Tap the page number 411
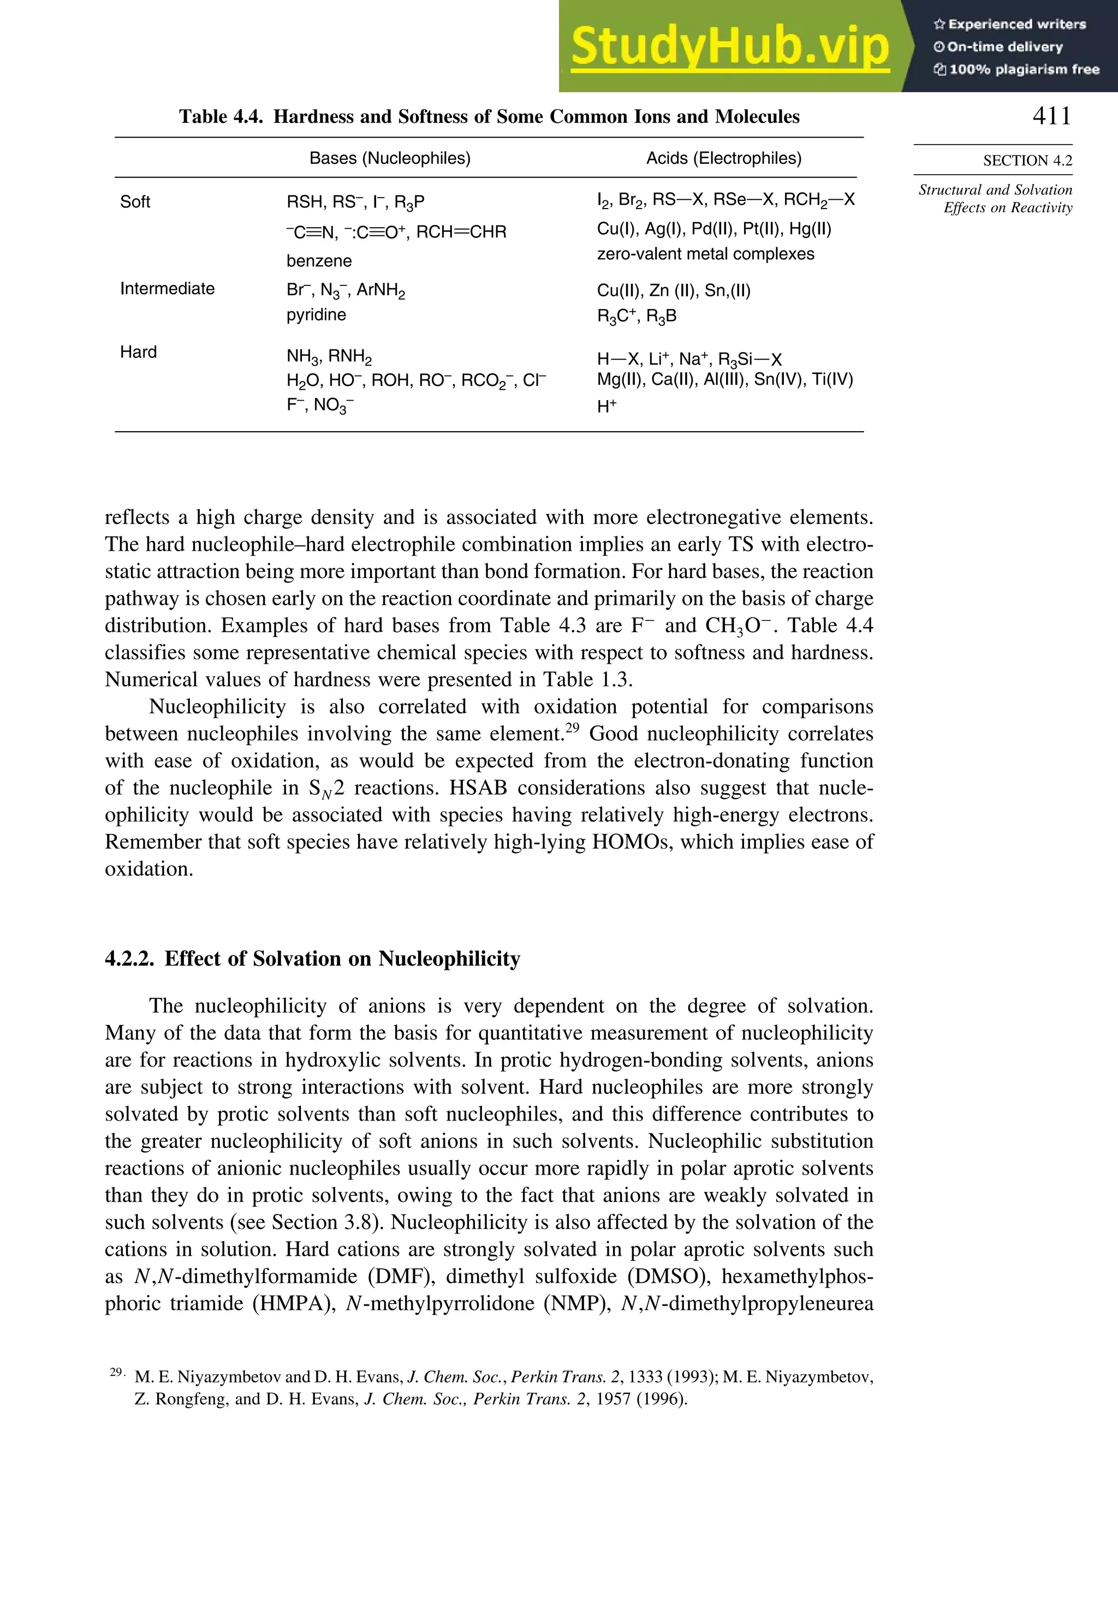point(1052,116)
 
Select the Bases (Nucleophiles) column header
point(390,159)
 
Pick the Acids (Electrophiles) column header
point(723,159)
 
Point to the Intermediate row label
point(167,289)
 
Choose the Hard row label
point(139,352)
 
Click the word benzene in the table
point(319,261)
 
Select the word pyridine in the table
point(316,314)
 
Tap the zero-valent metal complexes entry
point(705,254)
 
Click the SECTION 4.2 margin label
point(1027,160)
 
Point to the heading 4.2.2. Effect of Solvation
point(312,958)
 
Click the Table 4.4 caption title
point(489,116)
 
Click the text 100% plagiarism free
point(1024,69)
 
